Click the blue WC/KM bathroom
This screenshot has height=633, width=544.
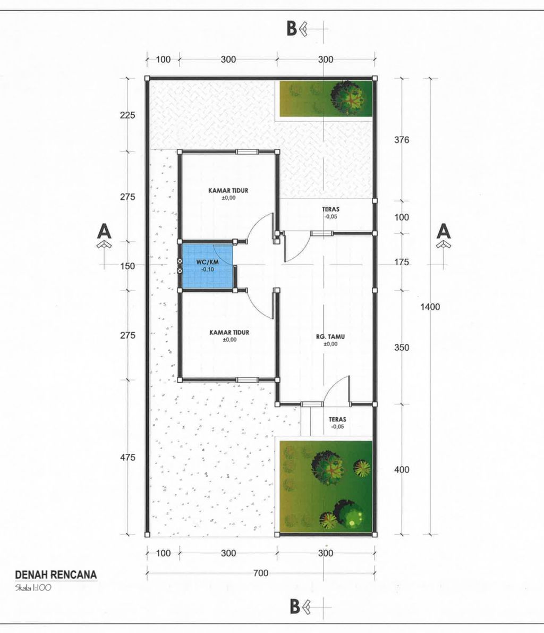point(207,266)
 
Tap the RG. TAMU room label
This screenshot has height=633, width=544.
point(330,336)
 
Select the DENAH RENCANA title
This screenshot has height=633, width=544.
point(56,575)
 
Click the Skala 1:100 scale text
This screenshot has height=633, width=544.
point(33,588)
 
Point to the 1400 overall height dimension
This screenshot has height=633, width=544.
point(430,307)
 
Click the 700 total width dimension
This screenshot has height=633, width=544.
point(261,573)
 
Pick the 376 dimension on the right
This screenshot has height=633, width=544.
point(402,140)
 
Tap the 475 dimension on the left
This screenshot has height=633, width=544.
point(127,458)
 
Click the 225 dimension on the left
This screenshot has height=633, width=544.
point(127,115)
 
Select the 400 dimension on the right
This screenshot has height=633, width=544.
point(402,469)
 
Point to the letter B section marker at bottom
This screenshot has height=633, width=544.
point(295,606)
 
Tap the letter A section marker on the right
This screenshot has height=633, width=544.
point(444,231)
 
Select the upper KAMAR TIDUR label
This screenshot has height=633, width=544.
point(228,190)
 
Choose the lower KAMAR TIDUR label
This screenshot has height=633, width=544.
point(229,332)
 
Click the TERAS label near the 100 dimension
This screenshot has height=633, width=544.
point(330,209)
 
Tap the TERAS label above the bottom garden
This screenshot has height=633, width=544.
point(337,419)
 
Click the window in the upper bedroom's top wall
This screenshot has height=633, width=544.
point(247,152)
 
